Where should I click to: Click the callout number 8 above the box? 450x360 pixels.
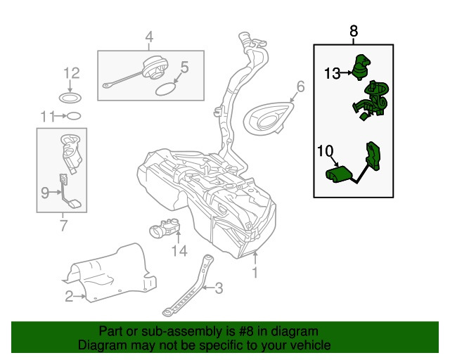tap(353, 32)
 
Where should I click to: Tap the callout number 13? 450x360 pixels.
tap(332, 72)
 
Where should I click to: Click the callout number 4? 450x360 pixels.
tap(148, 37)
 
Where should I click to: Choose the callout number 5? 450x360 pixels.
tap(184, 67)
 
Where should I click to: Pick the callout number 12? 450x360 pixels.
tap(72, 72)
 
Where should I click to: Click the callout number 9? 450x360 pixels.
tap(44, 191)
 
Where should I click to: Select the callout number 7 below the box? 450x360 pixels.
tap(63, 226)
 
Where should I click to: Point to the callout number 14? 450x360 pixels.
tap(179, 250)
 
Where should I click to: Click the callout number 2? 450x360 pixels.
tap(69, 297)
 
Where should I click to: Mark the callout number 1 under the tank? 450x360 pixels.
tap(255, 271)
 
